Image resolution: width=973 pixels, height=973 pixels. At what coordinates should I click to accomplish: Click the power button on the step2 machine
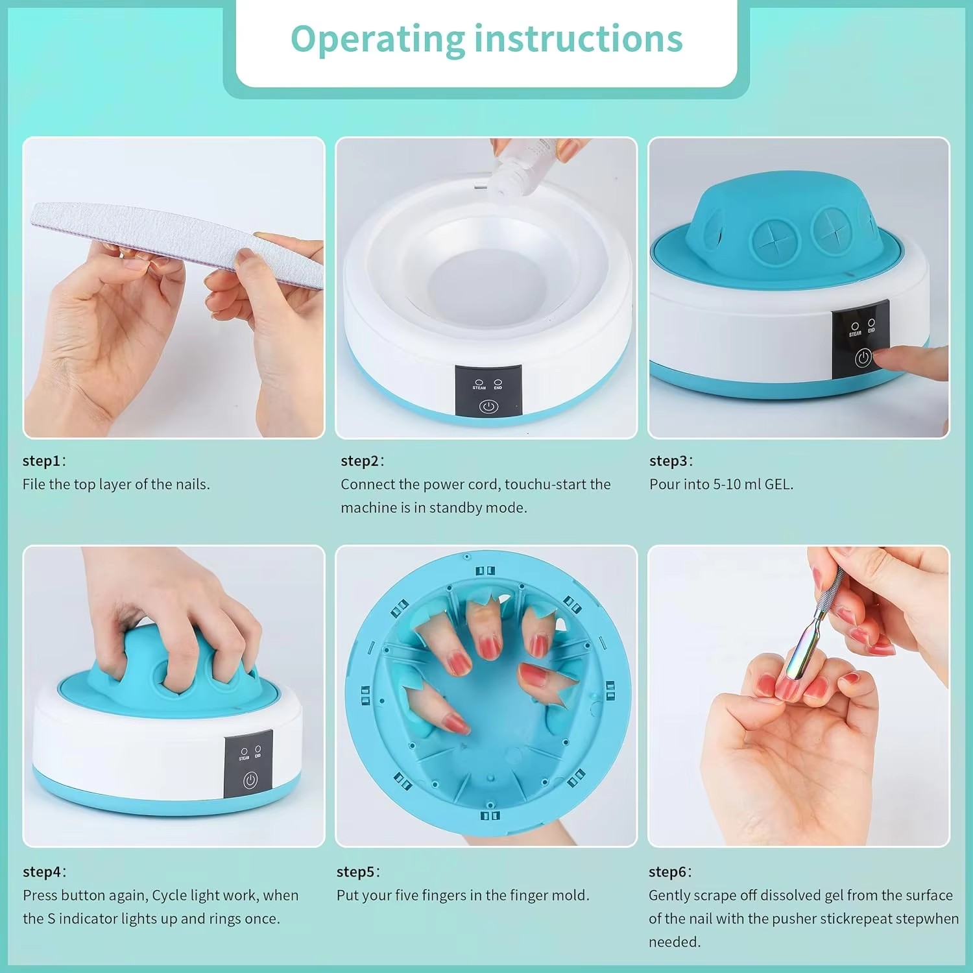tap(488, 407)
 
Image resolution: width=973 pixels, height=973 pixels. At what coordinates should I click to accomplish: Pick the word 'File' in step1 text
tap(34, 485)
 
